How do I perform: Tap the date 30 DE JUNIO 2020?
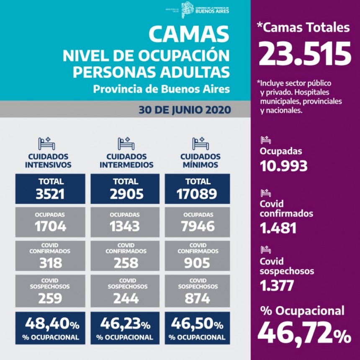pos(185,110)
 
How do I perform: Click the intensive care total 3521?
pos(50,193)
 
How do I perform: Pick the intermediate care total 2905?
pos(125,193)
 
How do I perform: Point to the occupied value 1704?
pos(50,226)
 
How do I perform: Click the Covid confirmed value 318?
pos(50,262)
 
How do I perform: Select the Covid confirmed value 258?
pos(125,262)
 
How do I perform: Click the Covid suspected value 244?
pos(125,298)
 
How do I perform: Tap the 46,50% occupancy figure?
pos(197,324)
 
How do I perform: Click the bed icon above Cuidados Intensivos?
pos(46,144)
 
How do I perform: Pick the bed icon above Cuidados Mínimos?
pos(201,144)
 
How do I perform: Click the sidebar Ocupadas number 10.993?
pos(283,166)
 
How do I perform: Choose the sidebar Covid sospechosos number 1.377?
pos(277,285)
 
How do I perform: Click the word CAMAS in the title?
pos(189,34)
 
